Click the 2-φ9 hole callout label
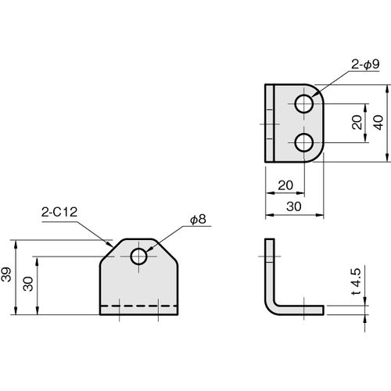[365, 64]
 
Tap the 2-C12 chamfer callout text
[59, 212]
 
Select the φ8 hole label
[198, 220]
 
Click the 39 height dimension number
[6, 274]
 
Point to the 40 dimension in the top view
[378, 123]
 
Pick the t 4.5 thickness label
[357, 282]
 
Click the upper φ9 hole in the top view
[304, 104]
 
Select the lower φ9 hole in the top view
[304, 142]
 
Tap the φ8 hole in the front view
[139, 256]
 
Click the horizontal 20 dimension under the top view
[285, 185]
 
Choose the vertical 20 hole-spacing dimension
[357, 123]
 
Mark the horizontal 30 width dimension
[294, 206]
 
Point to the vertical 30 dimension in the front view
[28, 284]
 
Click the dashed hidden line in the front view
[139, 306]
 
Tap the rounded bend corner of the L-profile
[270, 310]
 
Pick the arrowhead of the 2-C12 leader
[111, 244]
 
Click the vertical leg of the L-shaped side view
[270, 271]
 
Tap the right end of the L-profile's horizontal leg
[323, 310]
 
